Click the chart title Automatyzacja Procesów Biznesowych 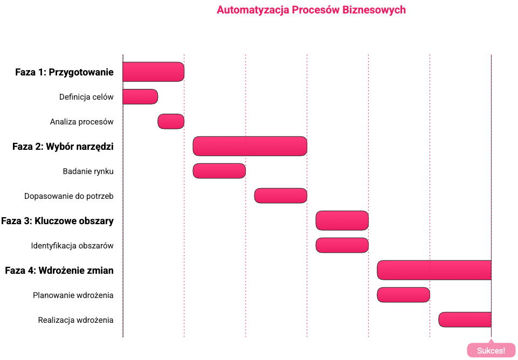click(311, 10)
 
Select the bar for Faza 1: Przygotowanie click(153, 72)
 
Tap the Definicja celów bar click(140, 96)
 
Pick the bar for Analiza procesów click(171, 121)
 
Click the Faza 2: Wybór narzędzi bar click(250, 146)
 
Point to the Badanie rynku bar click(219, 171)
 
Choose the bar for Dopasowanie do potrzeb click(281, 196)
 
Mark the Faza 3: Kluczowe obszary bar click(342, 220)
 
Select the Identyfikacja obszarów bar click(342, 245)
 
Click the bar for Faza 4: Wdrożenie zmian click(434, 270)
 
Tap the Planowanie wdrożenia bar click(403, 295)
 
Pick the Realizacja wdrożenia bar click(465, 320)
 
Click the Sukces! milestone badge click(491, 350)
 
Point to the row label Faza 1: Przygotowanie click(64, 72)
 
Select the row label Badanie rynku click(88, 171)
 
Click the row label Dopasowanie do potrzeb click(69, 196)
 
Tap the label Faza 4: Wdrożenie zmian click(59, 271)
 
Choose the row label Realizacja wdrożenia click(75, 320)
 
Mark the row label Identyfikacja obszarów click(72, 246)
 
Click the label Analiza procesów click(81, 122)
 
